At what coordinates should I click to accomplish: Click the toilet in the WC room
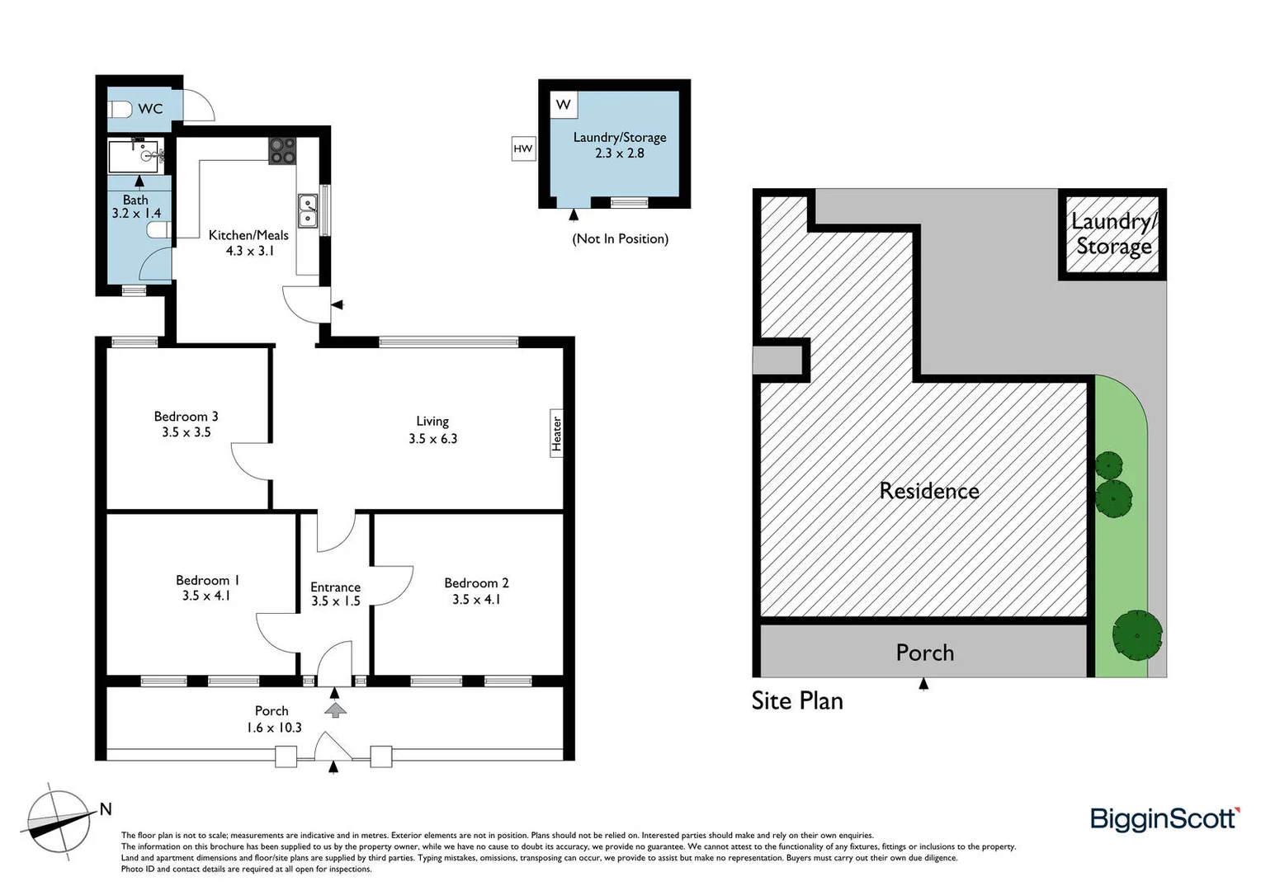[x=120, y=109]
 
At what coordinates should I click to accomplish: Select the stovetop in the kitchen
[x=281, y=150]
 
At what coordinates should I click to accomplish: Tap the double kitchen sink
[x=308, y=210]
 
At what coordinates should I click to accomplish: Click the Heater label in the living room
[x=557, y=433]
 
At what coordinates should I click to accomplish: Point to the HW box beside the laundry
[x=523, y=148]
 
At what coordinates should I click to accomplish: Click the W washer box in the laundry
[x=564, y=105]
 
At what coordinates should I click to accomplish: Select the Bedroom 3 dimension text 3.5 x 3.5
[x=186, y=432]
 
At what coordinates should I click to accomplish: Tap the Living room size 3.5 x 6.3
[x=432, y=439]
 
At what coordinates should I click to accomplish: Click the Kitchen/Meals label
[x=248, y=235]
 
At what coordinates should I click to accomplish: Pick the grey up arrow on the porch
[x=335, y=709]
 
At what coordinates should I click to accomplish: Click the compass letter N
[x=106, y=809]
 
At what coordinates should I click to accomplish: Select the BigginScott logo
[x=1164, y=819]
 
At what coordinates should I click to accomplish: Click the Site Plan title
[x=797, y=701]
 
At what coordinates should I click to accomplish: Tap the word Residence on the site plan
[x=929, y=491]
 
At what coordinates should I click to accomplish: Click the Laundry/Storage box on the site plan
[x=1113, y=234]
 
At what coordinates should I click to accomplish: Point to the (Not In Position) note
[x=621, y=238]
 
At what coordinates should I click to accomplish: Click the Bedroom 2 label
[x=476, y=583]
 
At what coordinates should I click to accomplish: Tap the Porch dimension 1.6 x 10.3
[x=274, y=728]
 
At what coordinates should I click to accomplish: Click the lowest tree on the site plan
[x=1136, y=634]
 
